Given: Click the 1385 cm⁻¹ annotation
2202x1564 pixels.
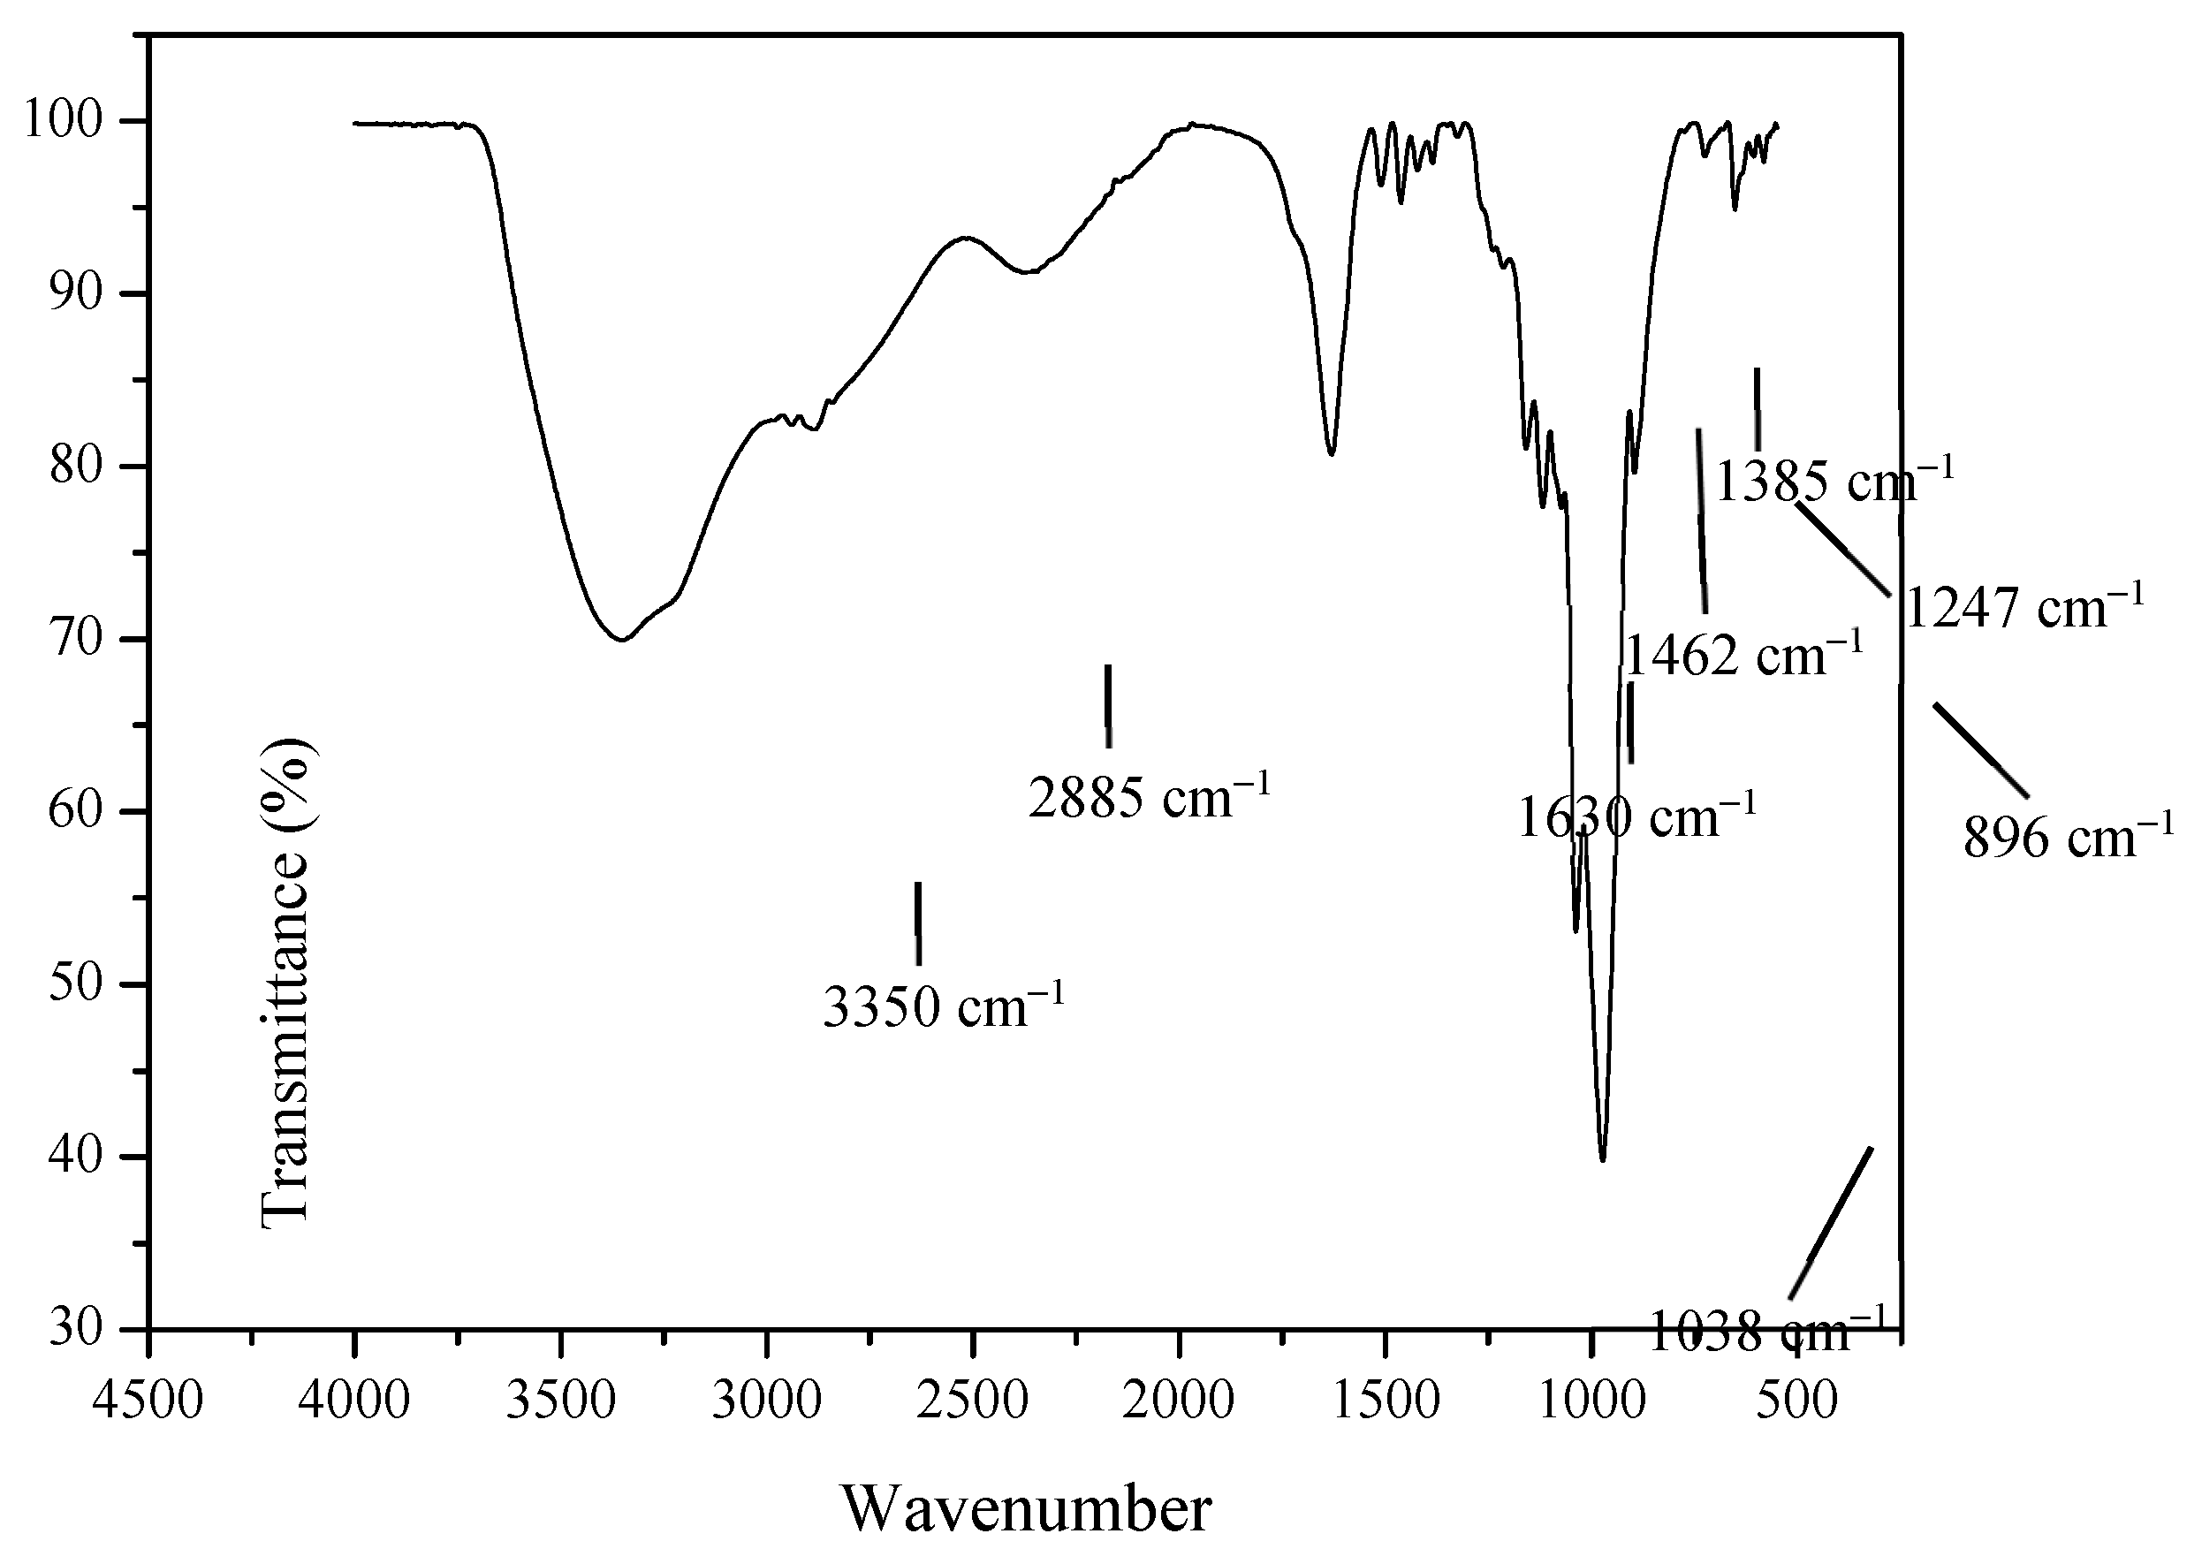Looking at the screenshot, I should pos(1835,481).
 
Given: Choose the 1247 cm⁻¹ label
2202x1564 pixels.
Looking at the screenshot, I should pos(2025,609).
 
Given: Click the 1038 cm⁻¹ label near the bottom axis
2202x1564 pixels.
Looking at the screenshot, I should pos(1765,1332).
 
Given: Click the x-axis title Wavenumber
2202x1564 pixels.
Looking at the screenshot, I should pos(1027,1508).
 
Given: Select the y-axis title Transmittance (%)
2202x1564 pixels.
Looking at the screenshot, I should pos(286,983).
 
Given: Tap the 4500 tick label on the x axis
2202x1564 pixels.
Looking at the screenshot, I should pos(148,1401).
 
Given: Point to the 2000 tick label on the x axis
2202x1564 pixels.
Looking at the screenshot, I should pos(1179,1401).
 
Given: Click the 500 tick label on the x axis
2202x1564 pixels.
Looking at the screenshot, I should pos(1796,1401).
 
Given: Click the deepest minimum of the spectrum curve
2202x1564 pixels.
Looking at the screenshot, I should pos(1602,1159).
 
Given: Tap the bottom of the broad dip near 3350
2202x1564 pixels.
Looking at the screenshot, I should pos(623,639).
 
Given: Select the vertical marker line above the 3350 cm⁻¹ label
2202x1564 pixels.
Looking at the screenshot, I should pos(917,922).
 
